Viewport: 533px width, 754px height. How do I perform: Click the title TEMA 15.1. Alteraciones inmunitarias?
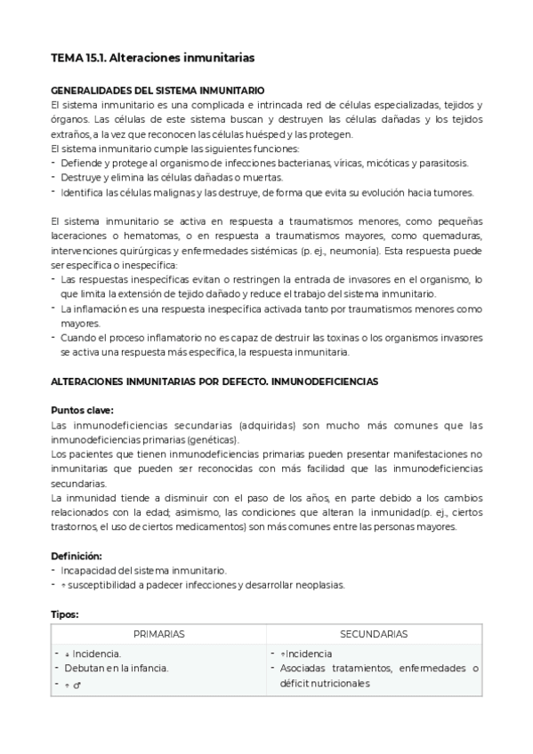(152, 58)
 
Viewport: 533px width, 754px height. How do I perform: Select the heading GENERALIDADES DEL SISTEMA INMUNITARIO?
(157, 91)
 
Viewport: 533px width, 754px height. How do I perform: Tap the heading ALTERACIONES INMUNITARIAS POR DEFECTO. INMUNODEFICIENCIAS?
(214, 381)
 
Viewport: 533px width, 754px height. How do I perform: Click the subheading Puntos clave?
(83, 410)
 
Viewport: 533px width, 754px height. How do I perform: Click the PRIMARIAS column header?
(159, 634)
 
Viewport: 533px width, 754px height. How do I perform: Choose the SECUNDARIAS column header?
(374, 634)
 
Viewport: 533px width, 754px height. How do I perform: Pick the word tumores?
(453, 192)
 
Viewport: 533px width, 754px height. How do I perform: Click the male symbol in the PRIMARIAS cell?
(77, 685)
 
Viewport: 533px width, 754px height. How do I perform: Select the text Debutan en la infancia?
(116, 669)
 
